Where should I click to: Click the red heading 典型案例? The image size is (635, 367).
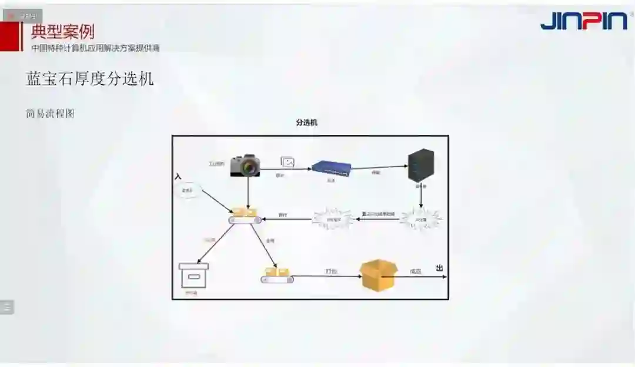pyautogui.click(x=62, y=32)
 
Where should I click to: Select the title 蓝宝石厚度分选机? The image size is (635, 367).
pyautogui.click(x=90, y=78)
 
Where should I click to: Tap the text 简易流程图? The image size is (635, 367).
pyautogui.click(x=50, y=114)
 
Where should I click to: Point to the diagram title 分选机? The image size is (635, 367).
pyautogui.click(x=306, y=123)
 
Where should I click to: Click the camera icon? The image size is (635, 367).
pyautogui.click(x=245, y=166)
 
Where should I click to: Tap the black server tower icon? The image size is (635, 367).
pyautogui.click(x=421, y=164)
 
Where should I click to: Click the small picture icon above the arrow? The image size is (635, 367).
pyautogui.click(x=288, y=162)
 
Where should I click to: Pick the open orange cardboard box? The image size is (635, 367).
pyautogui.click(x=379, y=275)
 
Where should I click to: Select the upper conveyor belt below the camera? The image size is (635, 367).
pyautogui.click(x=245, y=216)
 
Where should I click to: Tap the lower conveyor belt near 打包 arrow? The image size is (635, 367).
pyautogui.click(x=278, y=276)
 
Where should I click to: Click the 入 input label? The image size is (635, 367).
pyautogui.click(x=178, y=176)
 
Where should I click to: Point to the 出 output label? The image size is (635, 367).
pyautogui.click(x=439, y=268)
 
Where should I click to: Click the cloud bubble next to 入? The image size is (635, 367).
pyautogui.click(x=188, y=191)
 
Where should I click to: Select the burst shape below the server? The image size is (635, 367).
pyautogui.click(x=420, y=219)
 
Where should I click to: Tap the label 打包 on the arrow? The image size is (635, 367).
pyautogui.click(x=331, y=271)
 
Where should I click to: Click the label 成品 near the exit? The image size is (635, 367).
pyautogui.click(x=415, y=271)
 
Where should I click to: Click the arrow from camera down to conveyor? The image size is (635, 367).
pyautogui.click(x=248, y=191)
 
